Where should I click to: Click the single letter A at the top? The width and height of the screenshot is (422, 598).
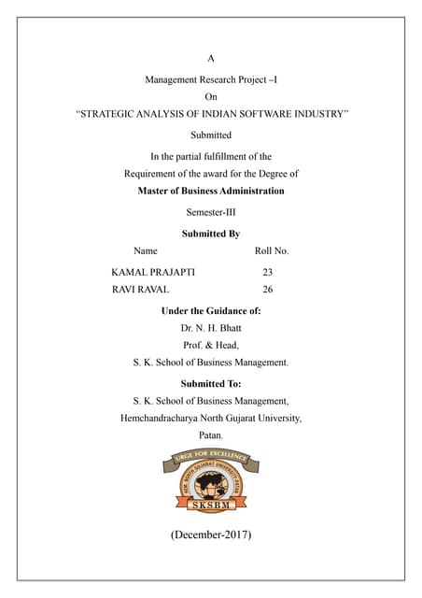(x=211, y=58)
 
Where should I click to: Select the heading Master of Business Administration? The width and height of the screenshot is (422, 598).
(x=211, y=191)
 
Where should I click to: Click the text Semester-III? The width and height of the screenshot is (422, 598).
(x=211, y=212)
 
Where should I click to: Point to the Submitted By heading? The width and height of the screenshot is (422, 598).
(x=211, y=234)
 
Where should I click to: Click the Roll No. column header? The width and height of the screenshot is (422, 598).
(x=272, y=251)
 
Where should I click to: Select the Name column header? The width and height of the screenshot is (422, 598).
(x=146, y=251)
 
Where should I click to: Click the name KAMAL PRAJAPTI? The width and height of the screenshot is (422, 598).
(x=154, y=272)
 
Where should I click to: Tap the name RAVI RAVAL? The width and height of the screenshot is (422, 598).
(x=140, y=290)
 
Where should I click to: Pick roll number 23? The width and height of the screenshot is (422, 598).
(x=268, y=272)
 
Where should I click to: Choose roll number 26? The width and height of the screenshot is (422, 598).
(x=268, y=290)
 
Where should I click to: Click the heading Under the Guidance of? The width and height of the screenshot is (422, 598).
(x=211, y=310)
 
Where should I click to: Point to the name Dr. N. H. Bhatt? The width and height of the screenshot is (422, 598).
(x=211, y=328)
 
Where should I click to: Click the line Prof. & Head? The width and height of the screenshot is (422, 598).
(x=211, y=345)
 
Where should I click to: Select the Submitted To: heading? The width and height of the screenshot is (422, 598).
(x=211, y=383)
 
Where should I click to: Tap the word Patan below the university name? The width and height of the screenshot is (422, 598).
(x=210, y=435)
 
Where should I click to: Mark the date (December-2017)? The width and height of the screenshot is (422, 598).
(x=211, y=535)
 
